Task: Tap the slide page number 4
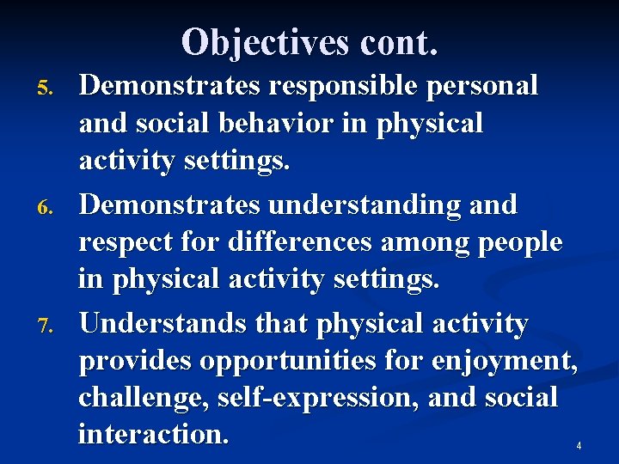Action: (x=579, y=446)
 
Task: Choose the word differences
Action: (x=300, y=242)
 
